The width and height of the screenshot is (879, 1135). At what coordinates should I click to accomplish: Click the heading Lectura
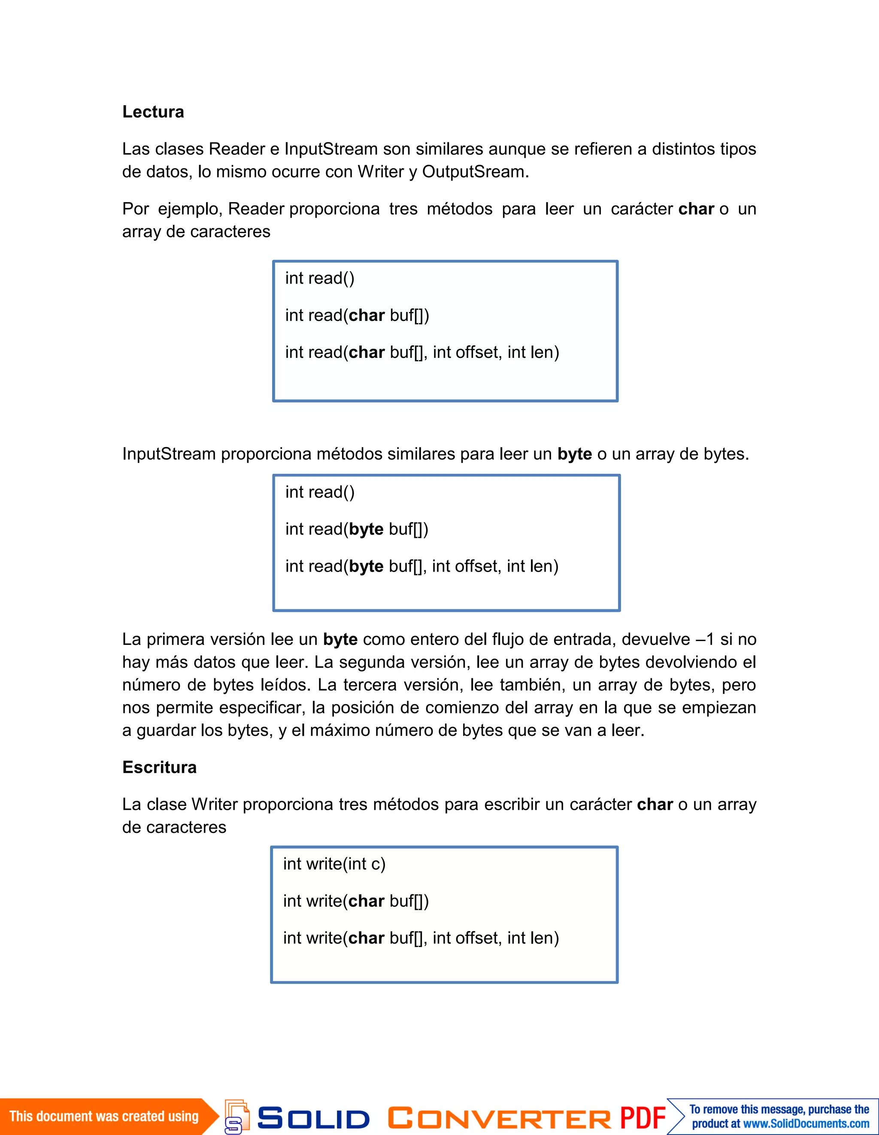tap(153, 112)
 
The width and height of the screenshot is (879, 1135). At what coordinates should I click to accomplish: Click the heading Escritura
tap(159, 767)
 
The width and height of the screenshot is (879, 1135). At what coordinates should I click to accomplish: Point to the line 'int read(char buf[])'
tap(357, 315)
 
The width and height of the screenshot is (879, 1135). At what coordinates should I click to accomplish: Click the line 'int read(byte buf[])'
tap(357, 529)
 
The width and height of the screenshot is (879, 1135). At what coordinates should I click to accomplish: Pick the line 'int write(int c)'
tap(334, 864)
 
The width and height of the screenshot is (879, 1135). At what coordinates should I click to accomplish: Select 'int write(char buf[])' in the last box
tap(355, 901)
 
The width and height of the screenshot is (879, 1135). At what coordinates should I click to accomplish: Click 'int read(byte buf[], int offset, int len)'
tap(421, 566)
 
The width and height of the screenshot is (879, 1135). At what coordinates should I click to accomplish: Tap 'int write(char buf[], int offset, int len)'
tap(421, 938)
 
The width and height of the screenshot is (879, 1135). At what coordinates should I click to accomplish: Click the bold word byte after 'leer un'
tap(574, 454)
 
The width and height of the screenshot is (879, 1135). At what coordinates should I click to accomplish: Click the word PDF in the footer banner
tap(643, 1117)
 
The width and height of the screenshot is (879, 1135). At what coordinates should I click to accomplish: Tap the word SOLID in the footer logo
tap(313, 1118)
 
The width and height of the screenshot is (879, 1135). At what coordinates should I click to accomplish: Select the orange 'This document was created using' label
tap(104, 1116)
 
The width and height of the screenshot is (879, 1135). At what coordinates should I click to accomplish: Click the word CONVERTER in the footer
tap(499, 1118)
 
